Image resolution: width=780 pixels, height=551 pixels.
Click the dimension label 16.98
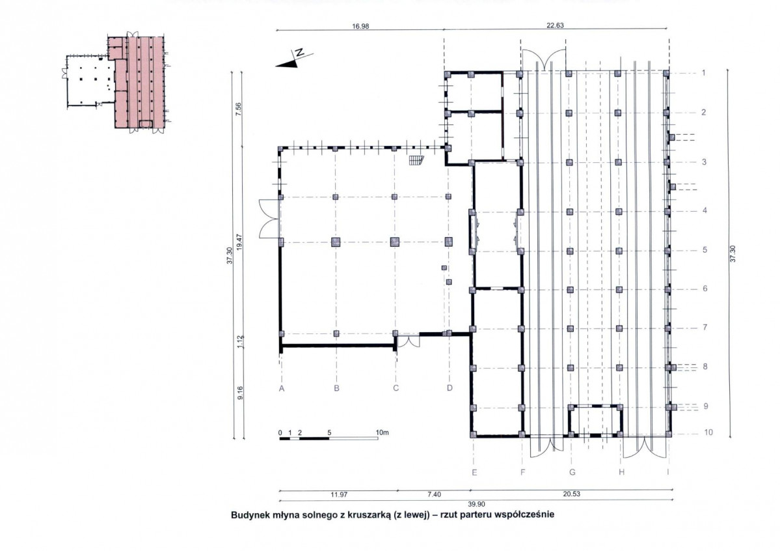360,27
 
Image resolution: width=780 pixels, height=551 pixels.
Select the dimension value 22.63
555,25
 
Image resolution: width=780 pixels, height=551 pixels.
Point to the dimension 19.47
239,243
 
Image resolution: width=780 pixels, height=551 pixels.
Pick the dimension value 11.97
339,495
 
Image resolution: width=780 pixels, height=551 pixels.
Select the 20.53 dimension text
571,494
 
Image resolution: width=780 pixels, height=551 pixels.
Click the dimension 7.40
435,495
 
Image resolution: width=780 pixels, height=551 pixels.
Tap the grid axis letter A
282,388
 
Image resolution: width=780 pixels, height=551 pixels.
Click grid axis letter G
572,472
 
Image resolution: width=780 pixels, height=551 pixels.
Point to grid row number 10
708,432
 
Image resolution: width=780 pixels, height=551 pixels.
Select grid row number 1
703,73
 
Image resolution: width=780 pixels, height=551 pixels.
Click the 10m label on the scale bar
382,432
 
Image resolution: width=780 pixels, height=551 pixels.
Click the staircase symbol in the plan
415,160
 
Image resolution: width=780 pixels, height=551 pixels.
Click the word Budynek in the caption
249,515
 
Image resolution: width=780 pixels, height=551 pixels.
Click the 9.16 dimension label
240,393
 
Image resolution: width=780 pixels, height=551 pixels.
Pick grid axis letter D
450,388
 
